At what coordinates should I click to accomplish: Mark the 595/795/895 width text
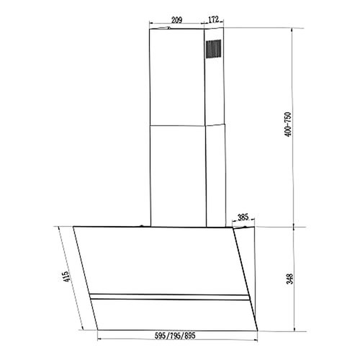[x=176, y=336]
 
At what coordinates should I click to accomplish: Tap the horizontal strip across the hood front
[x=168, y=296]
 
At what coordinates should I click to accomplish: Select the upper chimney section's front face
[x=177, y=76]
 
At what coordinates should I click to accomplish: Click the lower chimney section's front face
[x=177, y=173]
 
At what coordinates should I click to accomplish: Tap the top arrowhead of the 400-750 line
[x=295, y=30]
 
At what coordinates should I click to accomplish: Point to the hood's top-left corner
[x=75, y=228]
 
